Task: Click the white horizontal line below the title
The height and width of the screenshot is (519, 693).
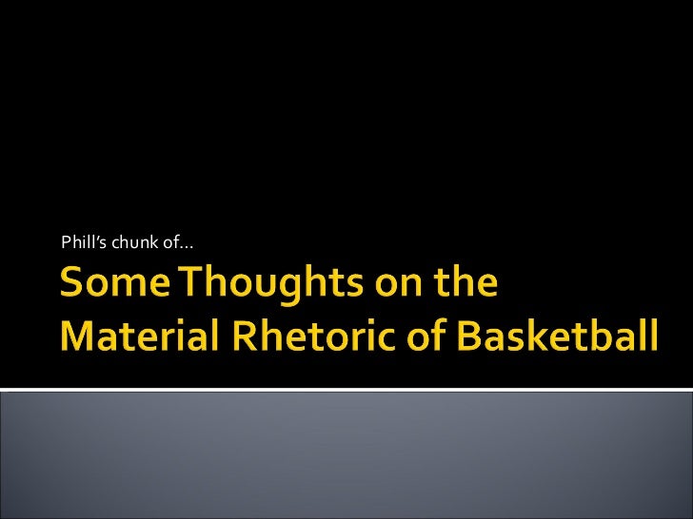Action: (x=346, y=389)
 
